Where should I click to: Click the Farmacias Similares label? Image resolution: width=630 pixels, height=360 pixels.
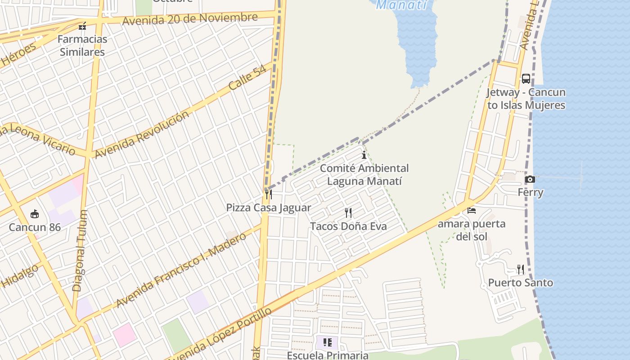click(82, 45)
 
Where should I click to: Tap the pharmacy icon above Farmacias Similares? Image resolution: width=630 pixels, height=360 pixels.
click(82, 26)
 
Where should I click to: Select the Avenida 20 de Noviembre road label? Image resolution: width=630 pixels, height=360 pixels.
click(189, 19)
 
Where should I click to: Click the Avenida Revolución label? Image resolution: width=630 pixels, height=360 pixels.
click(141, 134)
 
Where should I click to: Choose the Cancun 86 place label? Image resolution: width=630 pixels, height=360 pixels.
click(35, 227)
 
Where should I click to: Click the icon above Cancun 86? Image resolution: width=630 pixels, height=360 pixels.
click(35, 214)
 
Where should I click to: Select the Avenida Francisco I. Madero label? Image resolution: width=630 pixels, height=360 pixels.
click(181, 270)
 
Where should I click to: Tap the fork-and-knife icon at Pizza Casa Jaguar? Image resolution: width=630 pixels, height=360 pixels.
click(268, 194)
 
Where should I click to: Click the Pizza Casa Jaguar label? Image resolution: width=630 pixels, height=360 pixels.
click(268, 208)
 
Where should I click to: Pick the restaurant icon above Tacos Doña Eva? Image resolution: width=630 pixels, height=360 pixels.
click(348, 213)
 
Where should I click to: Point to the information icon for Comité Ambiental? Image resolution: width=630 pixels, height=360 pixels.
click(364, 155)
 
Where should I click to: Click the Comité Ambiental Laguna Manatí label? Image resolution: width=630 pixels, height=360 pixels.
click(364, 175)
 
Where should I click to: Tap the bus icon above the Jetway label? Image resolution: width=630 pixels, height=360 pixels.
click(526, 79)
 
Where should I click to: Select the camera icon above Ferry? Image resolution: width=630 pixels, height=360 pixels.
click(530, 179)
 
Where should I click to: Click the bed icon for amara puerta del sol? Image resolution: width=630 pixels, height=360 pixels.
click(472, 210)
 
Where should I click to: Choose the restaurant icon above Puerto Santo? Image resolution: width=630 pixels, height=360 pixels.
click(521, 270)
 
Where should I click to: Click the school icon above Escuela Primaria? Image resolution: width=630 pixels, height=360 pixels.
click(328, 342)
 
